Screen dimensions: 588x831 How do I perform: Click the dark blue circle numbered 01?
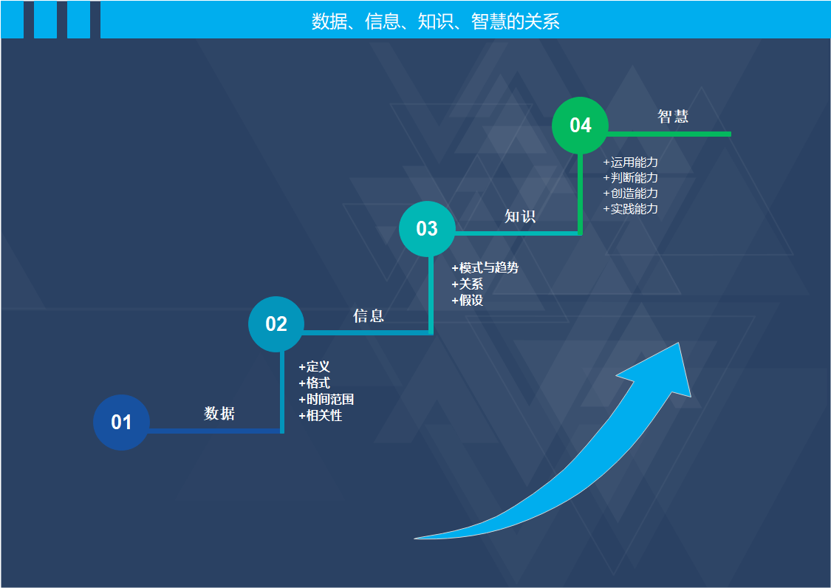(121, 422)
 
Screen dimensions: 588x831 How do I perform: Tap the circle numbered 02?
(276, 324)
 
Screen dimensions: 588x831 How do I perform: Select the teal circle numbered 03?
(427, 228)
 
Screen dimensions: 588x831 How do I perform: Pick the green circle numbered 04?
(581, 125)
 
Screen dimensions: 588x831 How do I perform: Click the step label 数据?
(219, 414)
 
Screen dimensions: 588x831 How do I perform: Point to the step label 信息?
(369, 316)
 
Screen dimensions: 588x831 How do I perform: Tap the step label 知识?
(520, 216)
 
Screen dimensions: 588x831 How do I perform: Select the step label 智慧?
(673, 117)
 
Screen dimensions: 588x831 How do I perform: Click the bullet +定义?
(314, 367)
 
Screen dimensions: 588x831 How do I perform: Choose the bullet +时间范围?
(326, 400)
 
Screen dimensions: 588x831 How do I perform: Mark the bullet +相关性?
(321, 416)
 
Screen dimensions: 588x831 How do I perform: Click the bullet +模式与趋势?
(485, 267)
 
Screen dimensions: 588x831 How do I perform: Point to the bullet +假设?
(467, 300)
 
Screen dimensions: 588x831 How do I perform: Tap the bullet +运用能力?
(630, 162)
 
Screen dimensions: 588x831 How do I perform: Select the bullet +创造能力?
(630, 194)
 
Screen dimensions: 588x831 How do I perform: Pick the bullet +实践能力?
(630, 209)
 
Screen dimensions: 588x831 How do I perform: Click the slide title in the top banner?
(435, 21)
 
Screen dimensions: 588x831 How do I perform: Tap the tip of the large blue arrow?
(677, 345)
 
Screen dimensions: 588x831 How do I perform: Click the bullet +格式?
(314, 383)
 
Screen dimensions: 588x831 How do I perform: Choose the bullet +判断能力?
(630, 178)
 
